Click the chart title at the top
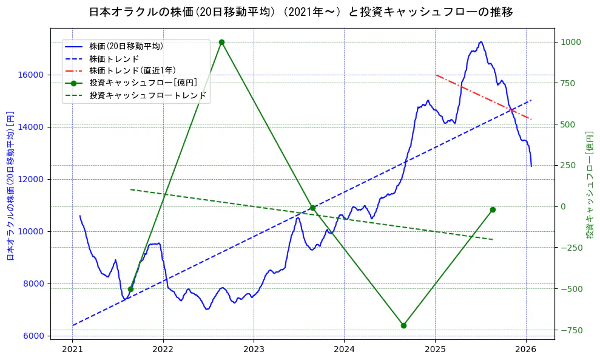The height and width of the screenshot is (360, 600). pyautogui.click(x=300, y=12)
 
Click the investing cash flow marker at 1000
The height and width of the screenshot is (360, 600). pyautogui.click(x=221, y=42)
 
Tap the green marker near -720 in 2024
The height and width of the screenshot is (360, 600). pyautogui.click(x=403, y=325)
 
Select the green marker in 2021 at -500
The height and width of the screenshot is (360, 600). pyautogui.click(x=130, y=289)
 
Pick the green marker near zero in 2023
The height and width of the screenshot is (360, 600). pyautogui.click(x=312, y=208)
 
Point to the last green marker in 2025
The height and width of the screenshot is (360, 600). pyautogui.click(x=493, y=209)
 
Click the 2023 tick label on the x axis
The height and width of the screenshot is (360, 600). pyautogui.click(x=254, y=349)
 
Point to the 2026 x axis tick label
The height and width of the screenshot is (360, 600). pyautogui.click(x=525, y=349)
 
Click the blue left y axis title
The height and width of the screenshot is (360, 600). pyautogui.click(x=10, y=185)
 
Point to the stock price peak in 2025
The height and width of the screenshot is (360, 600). pyautogui.click(x=480, y=42)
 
